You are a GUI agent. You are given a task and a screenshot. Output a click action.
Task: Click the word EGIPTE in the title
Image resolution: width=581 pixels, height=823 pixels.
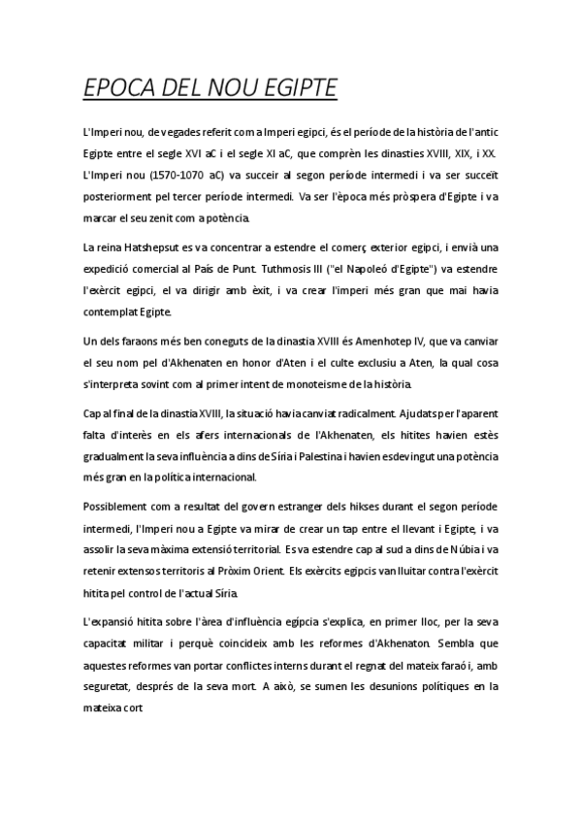[289, 87]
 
